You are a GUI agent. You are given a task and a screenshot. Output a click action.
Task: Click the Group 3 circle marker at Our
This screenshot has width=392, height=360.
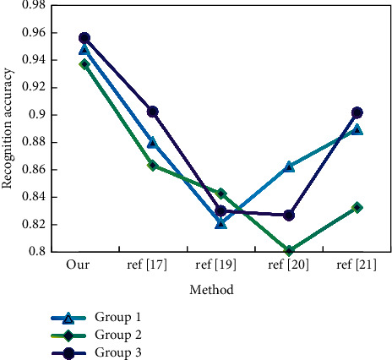(x=84, y=38)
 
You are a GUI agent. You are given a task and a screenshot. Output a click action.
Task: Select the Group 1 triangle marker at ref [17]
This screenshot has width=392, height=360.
(x=153, y=142)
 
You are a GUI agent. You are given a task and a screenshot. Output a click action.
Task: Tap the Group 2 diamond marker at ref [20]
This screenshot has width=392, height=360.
(x=290, y=251)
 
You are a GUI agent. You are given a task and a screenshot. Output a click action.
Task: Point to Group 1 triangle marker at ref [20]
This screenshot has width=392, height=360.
(x=290, y=166)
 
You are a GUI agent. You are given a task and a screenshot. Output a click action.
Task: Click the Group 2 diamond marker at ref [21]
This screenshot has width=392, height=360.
(x=357, y=207)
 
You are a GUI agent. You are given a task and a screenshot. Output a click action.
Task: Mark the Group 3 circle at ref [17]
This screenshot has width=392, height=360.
(x=153, y=112)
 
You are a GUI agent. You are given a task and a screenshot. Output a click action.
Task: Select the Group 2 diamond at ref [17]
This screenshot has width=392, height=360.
(x=153, y=166)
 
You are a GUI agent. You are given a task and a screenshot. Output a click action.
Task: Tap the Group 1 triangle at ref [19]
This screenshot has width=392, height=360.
(x=221, y=223)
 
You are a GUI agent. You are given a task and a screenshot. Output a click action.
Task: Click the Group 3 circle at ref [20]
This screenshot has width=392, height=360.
(x=290, y=215)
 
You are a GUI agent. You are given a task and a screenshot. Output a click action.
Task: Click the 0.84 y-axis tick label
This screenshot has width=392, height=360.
(x=34, y=197)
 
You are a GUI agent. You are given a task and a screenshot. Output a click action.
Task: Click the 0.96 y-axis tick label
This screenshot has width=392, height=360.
(x=34, y=33)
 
